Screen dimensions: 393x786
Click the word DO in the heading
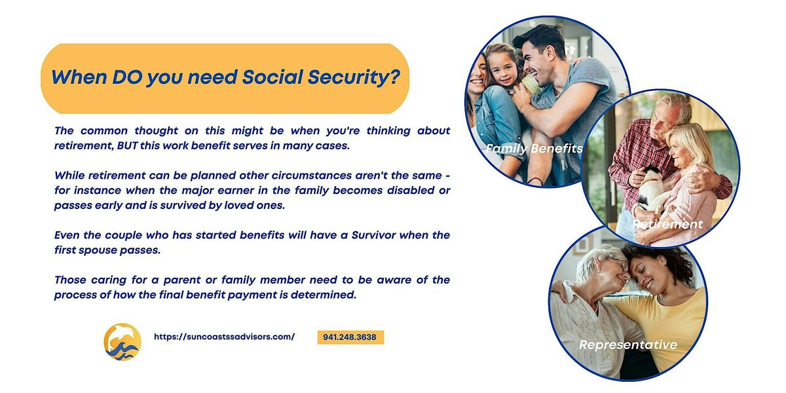coord(124,77)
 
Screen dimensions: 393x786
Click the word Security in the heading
coord(351,77)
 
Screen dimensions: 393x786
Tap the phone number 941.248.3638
coord(350,337)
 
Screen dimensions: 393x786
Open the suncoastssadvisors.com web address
coord(224,337)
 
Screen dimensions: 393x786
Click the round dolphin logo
coord(122,341)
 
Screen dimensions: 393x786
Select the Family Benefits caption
coord(534,149)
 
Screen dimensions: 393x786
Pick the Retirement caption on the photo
coord(667,225)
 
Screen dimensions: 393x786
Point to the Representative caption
coord(627,345)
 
